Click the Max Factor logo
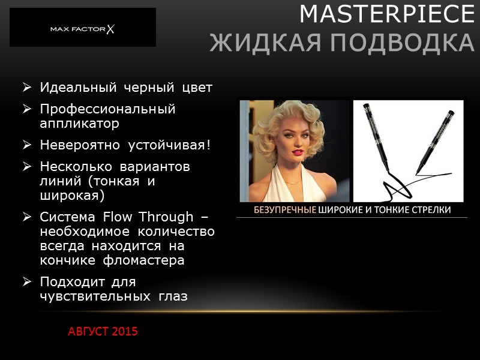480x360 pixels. [x=82, y=28]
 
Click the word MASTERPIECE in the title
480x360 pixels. [x=386, y=14]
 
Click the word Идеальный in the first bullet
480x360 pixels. [x=79, y=88]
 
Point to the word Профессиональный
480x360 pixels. [x=107, y=109]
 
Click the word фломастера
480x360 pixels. [x=146, y=260]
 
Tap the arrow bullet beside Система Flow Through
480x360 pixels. [x=26, y=217]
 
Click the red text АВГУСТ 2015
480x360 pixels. [x=103, y=331]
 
